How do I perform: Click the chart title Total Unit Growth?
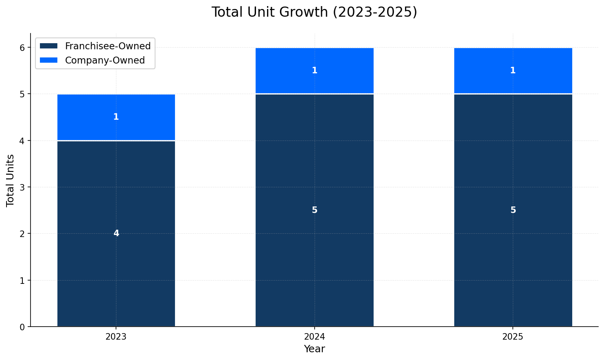tap(314, 12)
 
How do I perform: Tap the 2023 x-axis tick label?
tap(116, 337)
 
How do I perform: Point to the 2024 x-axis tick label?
tap(314, 337)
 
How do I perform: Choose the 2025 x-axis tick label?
tap(512, 337)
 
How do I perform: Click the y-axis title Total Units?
tap(11, 180)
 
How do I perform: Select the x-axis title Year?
tap(314, 349)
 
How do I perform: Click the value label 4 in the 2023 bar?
tap(116, 233)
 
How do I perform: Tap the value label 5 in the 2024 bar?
tap(314, 210)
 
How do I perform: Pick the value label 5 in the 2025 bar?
tap(513, 210)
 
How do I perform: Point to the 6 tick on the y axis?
tap(22, 48)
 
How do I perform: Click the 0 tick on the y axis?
tap(22, 327)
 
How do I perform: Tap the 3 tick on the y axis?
tap(22, 187)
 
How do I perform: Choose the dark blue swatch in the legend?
tap(49, 46)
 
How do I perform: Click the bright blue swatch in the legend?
tap(49, 60)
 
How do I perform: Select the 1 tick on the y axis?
tap(22, 280)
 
